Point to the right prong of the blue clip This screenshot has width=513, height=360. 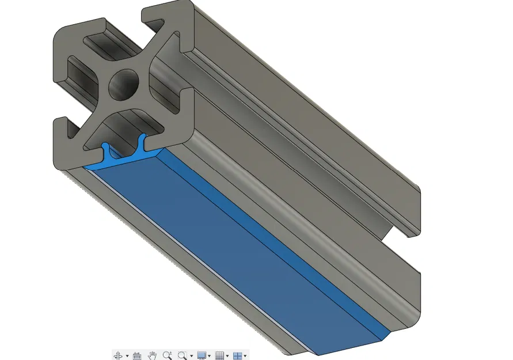click(x=142, y=144)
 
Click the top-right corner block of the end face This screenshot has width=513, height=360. click(x=167, y=20)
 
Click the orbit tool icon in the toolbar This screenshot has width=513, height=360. click(x=118, y=355)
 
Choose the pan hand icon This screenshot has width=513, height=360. click(x=153, y=355)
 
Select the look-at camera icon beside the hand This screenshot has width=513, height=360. click(x=137, y=355)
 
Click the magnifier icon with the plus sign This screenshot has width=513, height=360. click(x=168, y=355)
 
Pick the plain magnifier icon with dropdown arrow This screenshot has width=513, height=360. click(x=183, y=355)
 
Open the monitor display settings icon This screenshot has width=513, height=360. click(x=202, y=355)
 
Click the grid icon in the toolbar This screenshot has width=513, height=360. click(x=219, y=355)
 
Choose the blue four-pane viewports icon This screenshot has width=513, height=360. click(x=237, y=355)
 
